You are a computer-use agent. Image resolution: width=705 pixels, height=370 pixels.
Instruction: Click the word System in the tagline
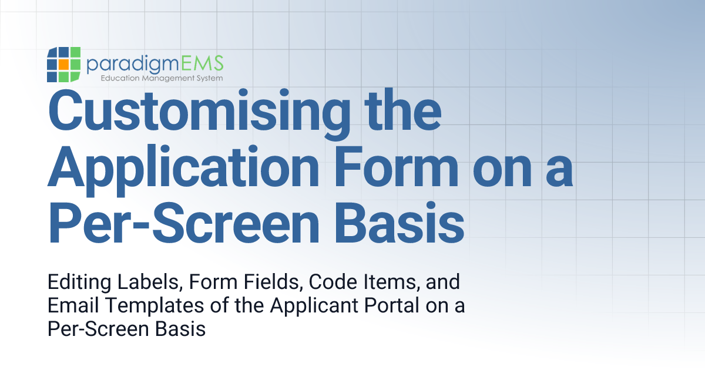[209, 78]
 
